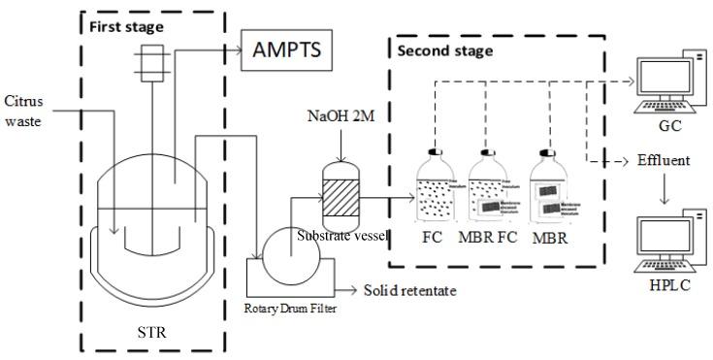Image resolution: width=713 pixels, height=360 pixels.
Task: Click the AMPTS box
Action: click(284, 45)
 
